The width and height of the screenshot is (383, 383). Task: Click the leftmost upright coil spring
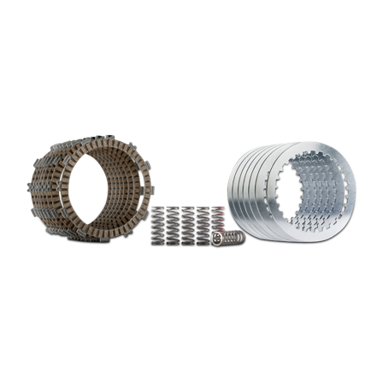click(x=158, y=227)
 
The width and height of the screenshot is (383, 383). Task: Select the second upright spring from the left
click(x=172, y=227)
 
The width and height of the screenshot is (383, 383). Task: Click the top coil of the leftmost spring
click(x=158, y=209)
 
